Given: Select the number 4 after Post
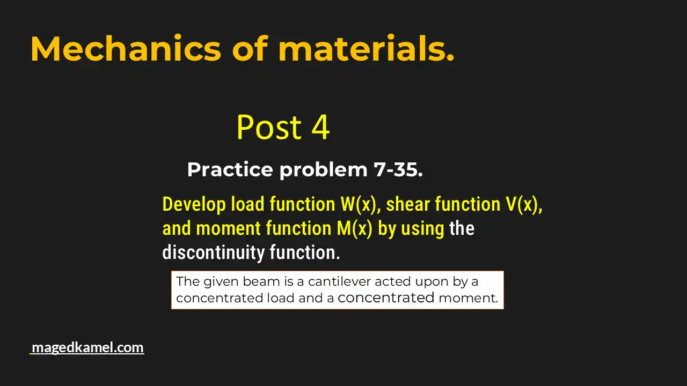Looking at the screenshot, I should pos(320,128).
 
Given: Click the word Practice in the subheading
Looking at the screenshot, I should pos(230,170).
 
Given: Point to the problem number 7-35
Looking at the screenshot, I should pos(398,170).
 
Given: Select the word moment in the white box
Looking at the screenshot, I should pos(468,298).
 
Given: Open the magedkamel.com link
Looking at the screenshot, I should pos(87,347).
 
